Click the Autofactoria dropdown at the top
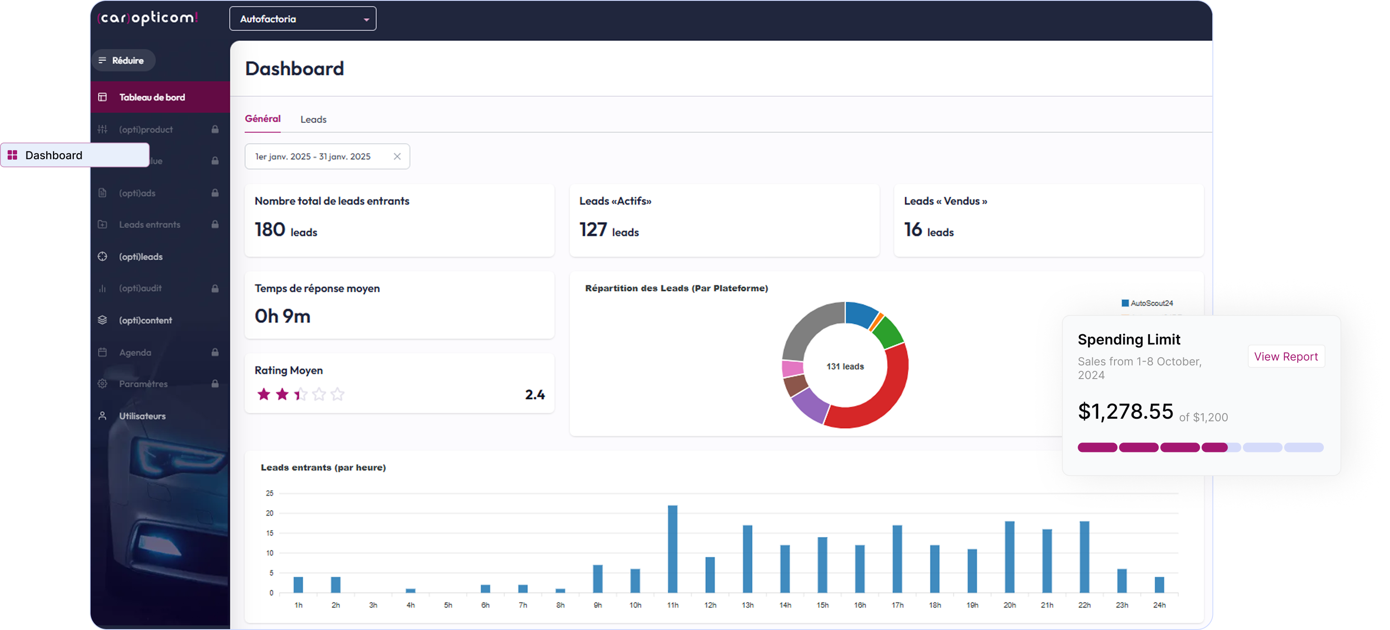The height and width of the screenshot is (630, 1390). point(302,19)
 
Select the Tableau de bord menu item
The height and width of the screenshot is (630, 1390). point(152,97)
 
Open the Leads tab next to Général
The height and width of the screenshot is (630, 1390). point(313,119)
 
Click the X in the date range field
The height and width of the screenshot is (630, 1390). point(397,156)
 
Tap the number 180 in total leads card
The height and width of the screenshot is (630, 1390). point(270,230)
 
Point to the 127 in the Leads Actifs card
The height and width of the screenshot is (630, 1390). point(593,230)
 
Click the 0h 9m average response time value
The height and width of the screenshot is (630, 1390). point(282,316)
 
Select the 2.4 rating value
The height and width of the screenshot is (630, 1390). point(535,395)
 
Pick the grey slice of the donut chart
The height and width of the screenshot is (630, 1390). point(809,327)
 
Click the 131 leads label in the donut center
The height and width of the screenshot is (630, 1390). point(845,366)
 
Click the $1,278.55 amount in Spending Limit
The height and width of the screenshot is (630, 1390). point(1125,411)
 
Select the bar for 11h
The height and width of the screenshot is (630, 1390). point(672,548)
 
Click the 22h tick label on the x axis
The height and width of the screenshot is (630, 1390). point(1084,605)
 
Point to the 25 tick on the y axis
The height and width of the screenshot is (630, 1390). point(269,493)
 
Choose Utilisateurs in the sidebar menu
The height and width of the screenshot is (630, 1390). point(142,416)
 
